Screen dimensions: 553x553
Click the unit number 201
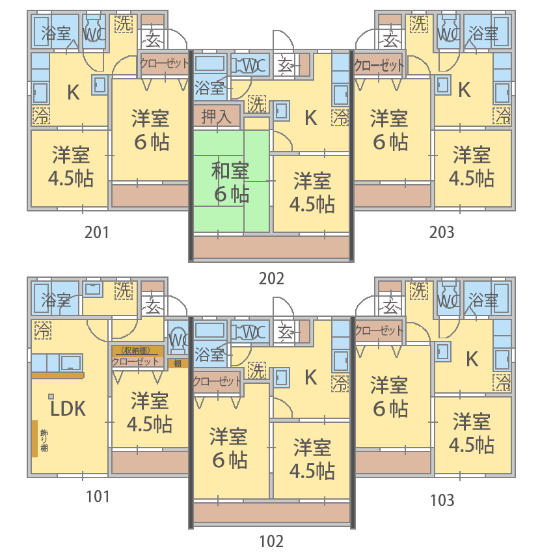[97, 232]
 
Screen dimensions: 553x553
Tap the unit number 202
[271, 278]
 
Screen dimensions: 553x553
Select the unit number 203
[442, 232]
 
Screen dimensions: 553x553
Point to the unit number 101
[98, 496]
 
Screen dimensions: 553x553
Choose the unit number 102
[271, 541]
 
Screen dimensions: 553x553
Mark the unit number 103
[442, 500]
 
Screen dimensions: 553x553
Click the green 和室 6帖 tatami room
[231, 182]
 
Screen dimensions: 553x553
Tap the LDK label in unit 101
[68, 409]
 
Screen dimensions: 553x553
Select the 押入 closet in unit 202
[217, 116]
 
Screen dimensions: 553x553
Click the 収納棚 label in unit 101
[136, 351]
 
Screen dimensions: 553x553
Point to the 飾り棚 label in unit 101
[44, 440]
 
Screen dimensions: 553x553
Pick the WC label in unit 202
[254, 66]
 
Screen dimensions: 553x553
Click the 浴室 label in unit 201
[56, 33]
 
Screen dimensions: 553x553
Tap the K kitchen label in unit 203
[464, 90]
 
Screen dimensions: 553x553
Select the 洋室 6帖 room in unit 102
[229, 448]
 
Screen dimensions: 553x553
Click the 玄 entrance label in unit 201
[153, 40]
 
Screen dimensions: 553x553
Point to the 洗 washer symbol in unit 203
[419, 23]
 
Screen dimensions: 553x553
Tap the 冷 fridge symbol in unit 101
[43, 330]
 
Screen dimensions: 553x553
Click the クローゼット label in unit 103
[379, 330]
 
